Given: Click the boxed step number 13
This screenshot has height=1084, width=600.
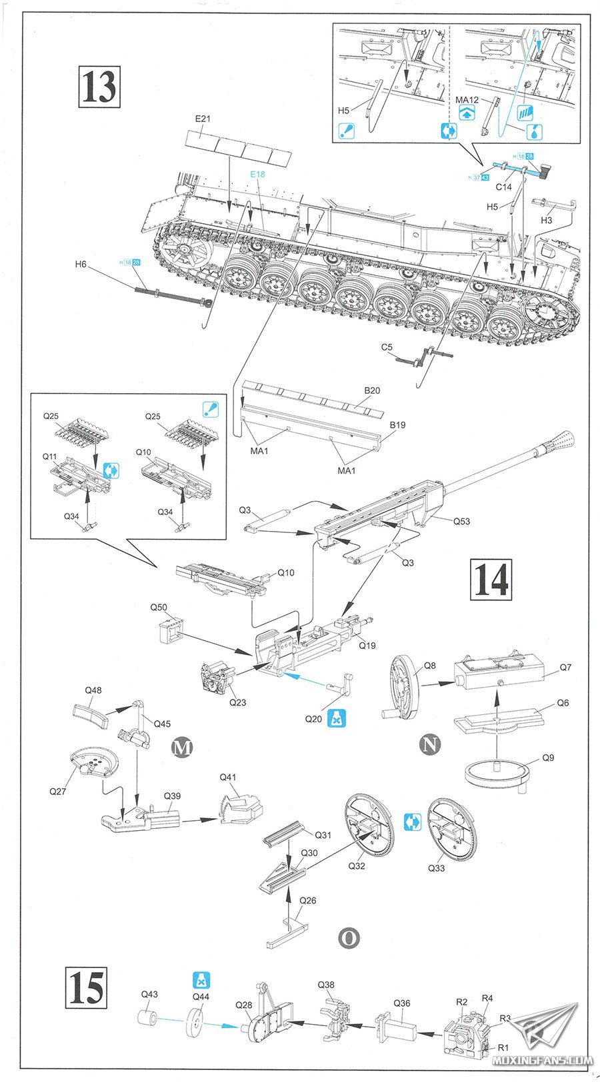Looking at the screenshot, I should click(100, 87).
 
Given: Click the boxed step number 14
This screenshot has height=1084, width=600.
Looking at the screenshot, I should click(492, 579).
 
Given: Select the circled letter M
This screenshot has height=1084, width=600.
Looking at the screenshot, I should click(182, 748).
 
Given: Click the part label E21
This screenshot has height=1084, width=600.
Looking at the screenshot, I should click(203, 119).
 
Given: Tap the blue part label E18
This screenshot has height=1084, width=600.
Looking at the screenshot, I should click(257, 174).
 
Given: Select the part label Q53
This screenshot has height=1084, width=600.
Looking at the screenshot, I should click(461, 521).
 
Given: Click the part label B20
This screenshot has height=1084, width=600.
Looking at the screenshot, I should click(372, 390).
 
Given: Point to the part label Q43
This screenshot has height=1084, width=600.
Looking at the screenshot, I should click(149, 994).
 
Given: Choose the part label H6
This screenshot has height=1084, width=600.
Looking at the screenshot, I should click(81, 264).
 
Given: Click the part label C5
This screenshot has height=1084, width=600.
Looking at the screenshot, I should click(387, 347).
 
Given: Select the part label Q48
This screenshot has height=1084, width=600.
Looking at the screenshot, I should click(93, 690).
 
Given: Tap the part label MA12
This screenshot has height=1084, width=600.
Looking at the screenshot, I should click(467, 100).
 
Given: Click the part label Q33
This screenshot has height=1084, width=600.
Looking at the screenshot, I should click(436, 868).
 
